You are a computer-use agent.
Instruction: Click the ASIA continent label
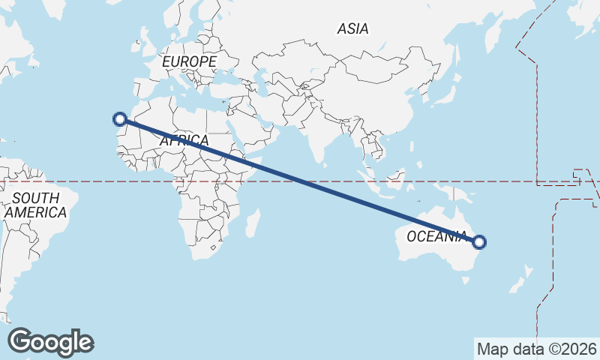click(x=352, y=29)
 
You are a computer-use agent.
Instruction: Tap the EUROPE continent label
click(x=189, y=61)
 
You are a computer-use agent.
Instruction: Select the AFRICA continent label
click(x=183, y=140)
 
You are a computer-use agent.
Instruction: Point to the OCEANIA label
click(x=436, y=237)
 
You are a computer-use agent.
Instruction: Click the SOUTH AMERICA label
click(x=35, y=205)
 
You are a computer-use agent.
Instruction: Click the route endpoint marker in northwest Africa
click(x=119, y=118)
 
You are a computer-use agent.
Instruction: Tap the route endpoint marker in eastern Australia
click(x=480, y=242)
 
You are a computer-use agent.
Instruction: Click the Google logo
click(x=50, y=342)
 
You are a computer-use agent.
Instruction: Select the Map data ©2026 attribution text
click(x=537, y=349)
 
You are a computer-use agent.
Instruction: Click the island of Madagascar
click(x=253, y=223)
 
